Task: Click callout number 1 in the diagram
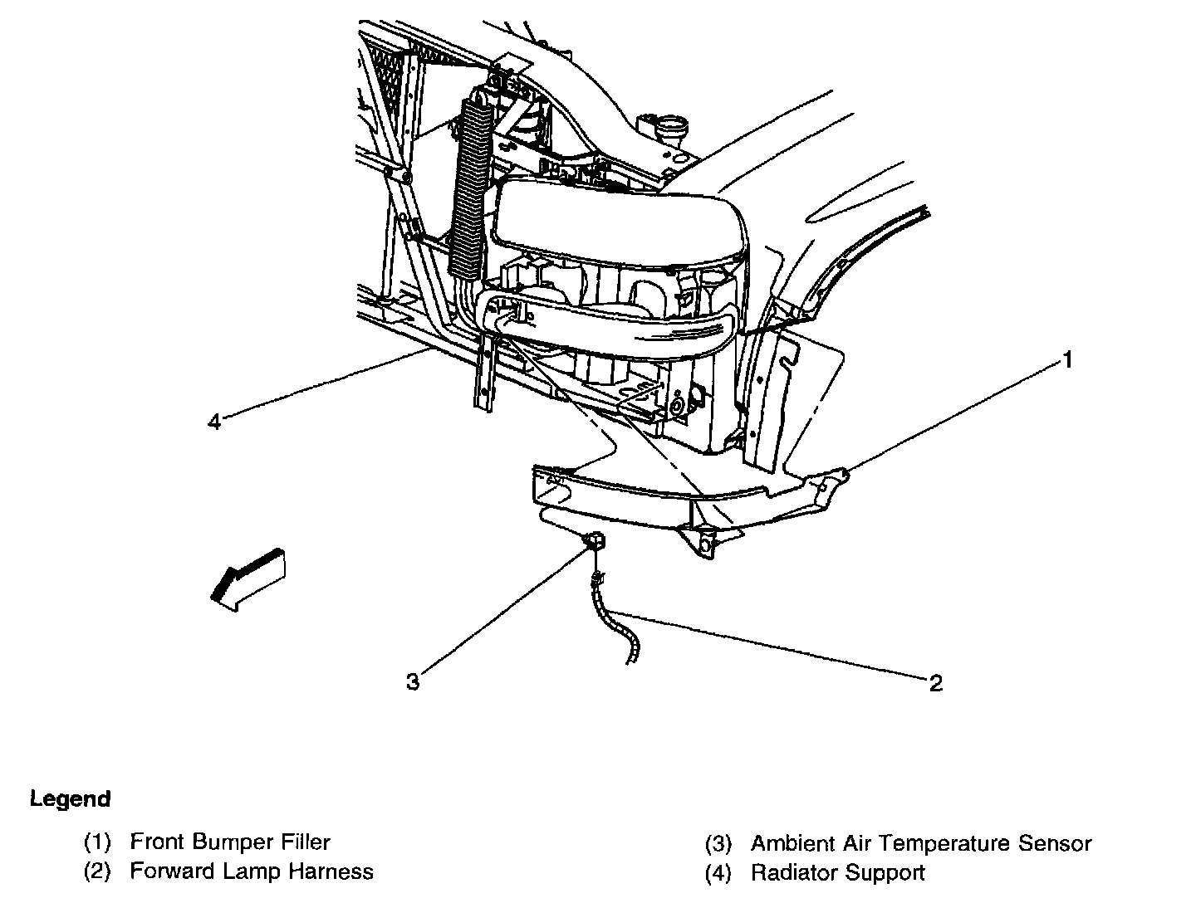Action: click(x=1068, y=360)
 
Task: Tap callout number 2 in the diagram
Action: click(x=936, y=683)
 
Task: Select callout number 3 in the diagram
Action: click(x=413, y=682)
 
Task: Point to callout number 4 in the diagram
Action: click(x=214, y=422)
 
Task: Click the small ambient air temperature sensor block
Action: click(x=595, y=542)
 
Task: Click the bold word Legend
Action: click(x=70, y=799)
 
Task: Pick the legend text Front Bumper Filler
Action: click(x=230, y=842)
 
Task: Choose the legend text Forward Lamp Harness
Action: click(x=252, y=871)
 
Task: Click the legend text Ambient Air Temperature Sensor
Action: click(x=920, y=844)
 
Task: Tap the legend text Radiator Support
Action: click(x=837, y=873)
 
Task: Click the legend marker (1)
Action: click(x=97, y=842)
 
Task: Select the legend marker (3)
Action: click(x=718, y=844)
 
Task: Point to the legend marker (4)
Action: click(x=718, y=873)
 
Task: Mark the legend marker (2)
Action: click(x=97, y=871)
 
